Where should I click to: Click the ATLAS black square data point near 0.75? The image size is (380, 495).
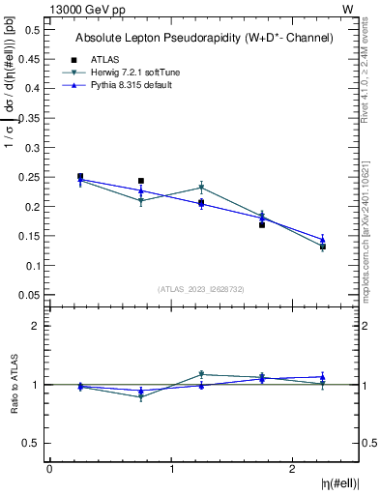(141, 181)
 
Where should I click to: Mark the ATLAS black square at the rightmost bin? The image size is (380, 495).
(323, 247)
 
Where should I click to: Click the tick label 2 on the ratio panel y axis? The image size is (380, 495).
(36, 326)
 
